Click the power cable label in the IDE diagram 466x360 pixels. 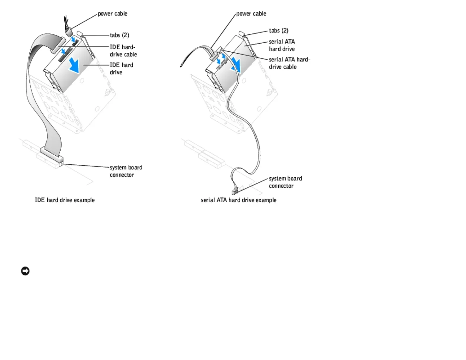click(x=112, y=14)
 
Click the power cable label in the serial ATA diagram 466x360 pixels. click(x=251, y=14)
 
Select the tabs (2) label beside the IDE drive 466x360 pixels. click(x=119, y=35)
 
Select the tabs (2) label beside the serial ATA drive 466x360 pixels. click(x=279, y=31)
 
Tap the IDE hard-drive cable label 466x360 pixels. click(x=123, y=51)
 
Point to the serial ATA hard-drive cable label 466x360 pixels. click(x=289, y=63)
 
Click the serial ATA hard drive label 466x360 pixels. click(x=282, y=45)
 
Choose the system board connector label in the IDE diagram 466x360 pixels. click(x=126, y=171)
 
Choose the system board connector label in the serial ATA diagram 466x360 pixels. click(x=285, y=182)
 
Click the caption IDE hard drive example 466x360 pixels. click(x=65, y=200)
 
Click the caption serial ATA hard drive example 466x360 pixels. click(x=238, y=200)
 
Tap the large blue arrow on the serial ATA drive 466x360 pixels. click(x=236, y=65)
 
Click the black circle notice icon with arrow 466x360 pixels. click(x=25, y=271)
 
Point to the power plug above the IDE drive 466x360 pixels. click(x=69, y=31)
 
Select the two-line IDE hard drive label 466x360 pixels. click(x=121, y=69)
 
